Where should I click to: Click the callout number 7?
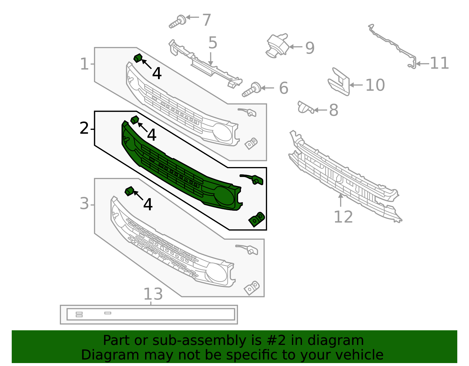pos(207,20)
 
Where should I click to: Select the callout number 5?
pos(213,43)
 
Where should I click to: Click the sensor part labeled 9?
pos(277,45)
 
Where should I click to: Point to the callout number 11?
pos(439,63)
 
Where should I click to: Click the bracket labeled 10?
pos(339,82)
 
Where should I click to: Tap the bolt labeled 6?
pos(251,90)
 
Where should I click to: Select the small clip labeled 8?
pos(305,108)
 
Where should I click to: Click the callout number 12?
pos(343,217)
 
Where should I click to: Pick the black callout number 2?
pos(84,128)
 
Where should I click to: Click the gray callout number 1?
pos(84,64)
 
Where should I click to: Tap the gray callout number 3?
pos(84,204)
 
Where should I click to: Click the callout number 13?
pos(153,294)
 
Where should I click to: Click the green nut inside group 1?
pos(138,58)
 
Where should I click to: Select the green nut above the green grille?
pos(135,120)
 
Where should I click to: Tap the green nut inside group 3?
pos(129,191)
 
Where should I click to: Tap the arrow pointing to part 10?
pos(356,85)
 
